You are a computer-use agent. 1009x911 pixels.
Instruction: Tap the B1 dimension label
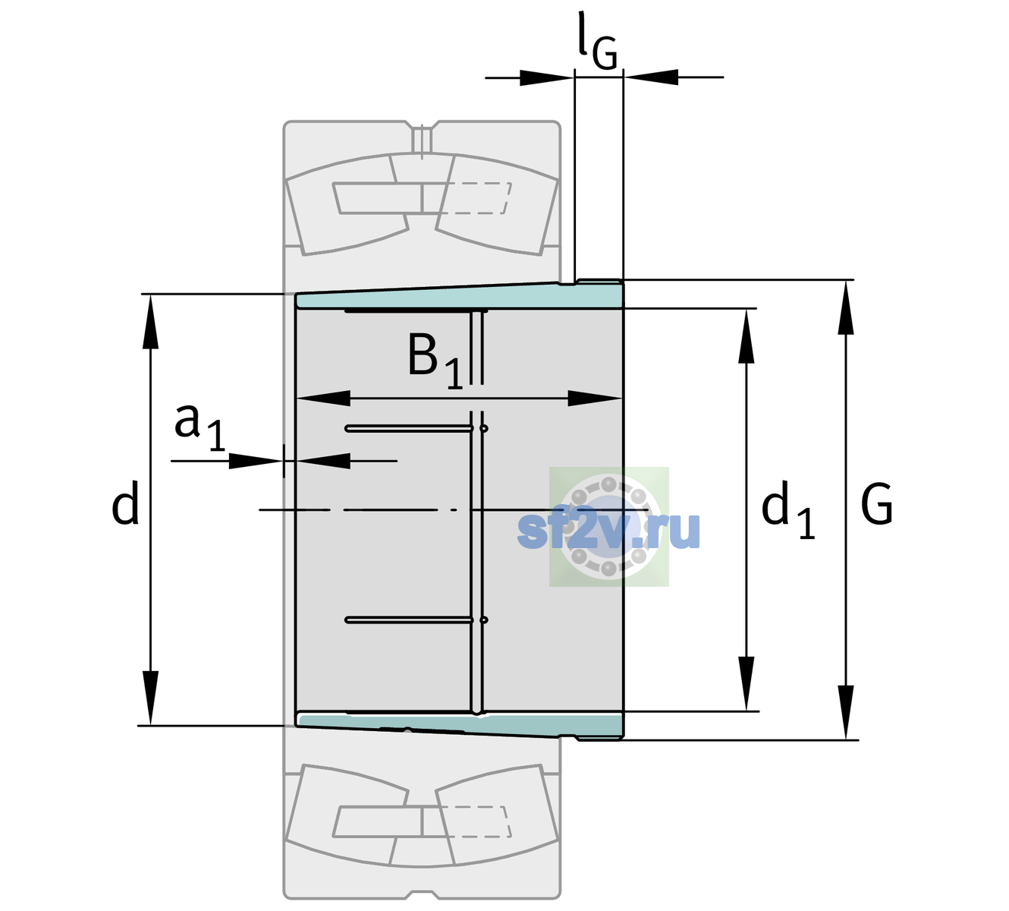[x=435, y=361]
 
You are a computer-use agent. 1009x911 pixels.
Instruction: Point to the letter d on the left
[x=124, y=503]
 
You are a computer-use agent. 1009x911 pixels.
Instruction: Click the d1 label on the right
[x=788, y=509]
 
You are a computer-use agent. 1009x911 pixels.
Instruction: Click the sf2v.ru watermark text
[x=608, y=530]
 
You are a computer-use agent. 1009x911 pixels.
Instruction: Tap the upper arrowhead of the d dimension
[x=150, y=321]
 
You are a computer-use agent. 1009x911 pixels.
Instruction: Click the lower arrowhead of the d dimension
[x=150, y=698]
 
